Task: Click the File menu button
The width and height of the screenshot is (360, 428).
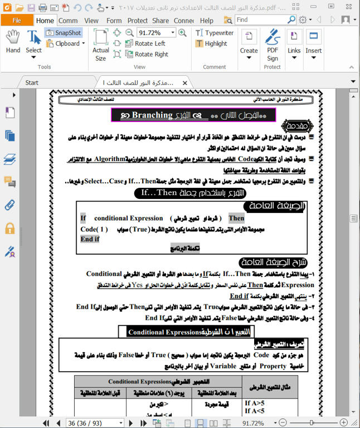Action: click(17, 21)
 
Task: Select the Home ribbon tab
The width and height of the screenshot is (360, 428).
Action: click(45, 21)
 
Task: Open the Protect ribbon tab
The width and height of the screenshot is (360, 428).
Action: click(137, 21)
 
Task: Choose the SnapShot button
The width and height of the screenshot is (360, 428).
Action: click(63, 33)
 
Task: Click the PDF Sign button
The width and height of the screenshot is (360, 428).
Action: click(272, 45)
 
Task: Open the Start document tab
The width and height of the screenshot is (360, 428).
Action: click(32, 82)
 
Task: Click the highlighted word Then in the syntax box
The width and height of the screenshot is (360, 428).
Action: click(236, 218)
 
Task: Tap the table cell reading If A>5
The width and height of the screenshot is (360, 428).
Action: click(256, 401)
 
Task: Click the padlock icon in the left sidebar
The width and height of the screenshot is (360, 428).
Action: click(9, 228)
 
